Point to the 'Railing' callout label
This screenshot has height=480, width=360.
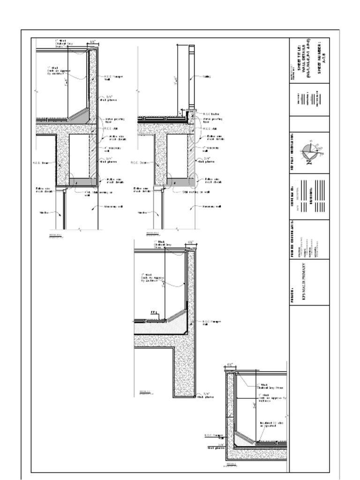click(x=206, y=76)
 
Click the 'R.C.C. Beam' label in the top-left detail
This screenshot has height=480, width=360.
click(x=41, y=163)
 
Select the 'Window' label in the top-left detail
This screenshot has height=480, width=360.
click(x=44, y=212)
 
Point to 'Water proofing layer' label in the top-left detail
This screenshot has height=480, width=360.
click(x=111, y=120)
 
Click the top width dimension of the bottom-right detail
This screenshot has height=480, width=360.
click(x=230, y=364)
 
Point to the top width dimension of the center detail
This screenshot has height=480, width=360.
click(x=191, y=242)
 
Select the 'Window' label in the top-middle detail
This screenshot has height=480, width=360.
click(x=142, y=212)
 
